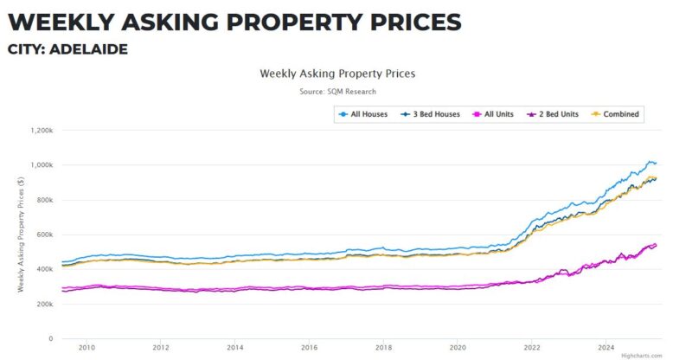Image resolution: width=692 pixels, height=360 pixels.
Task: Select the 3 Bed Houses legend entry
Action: pyautogui.click(x=431, y=114)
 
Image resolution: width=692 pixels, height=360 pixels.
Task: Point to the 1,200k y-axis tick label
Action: pyautogui.click(x=42, y=131)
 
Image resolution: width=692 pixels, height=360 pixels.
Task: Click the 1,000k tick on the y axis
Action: pyautogui.click(x=42, y=165)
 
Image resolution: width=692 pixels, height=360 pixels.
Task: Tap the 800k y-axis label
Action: pyautogui.click(x=44, y=200)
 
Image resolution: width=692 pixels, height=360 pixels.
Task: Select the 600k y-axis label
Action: pyautogui.click(x=44, y=235)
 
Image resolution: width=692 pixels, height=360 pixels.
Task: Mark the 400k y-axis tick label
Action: pyautogui.click(x=44, y=269)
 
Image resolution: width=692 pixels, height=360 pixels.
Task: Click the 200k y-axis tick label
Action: pyautogui.click(x=44, y=304)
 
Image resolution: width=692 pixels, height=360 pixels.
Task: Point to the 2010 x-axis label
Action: pyautogui.click(x=86, y=347)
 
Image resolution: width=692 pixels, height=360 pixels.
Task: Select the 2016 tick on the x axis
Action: pyautogui.click(x=309, y=347)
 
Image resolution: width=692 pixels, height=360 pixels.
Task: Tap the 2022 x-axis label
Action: pyautogui.click(x=531, y=347)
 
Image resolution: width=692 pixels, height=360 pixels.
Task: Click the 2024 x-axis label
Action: pyautogui.click(x=605, y=347)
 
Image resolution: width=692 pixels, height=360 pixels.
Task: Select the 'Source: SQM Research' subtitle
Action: pyautogui.click(x=337, y=91)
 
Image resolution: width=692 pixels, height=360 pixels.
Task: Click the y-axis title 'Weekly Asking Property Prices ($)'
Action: pyautogui.click(x=20, y=235)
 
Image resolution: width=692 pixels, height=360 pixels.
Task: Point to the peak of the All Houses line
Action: pyautogui.click(x=650, y=161)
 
